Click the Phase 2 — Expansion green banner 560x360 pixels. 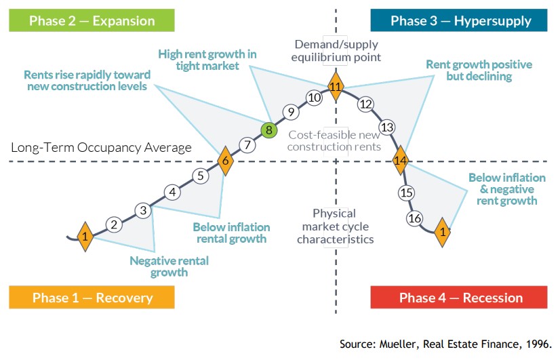click(92, 20)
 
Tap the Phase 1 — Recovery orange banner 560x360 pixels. click(92, 298)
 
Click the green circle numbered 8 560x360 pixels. click(269, 129)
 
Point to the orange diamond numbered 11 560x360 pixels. click(336, 86)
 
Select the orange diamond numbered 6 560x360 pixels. click(225, 161)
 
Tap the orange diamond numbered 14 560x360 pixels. click(401, 161)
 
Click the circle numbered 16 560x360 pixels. click(415, 218)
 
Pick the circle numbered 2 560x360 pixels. click(114, 224)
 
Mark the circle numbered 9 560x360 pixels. click(290, 112)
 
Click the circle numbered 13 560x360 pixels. click(386, 127)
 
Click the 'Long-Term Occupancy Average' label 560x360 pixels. click(102, 147)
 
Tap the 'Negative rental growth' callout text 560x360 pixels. click(169, 266)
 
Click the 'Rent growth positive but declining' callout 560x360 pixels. click(479, 71)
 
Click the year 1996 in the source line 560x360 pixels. click(539, 344)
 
